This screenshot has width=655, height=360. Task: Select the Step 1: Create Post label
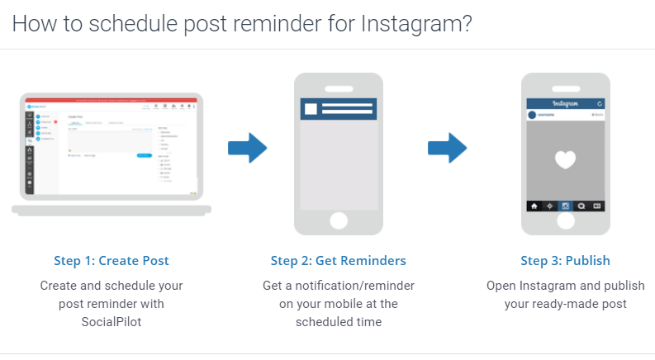pos(112,261)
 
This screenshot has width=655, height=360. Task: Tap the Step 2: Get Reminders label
pos(338,261)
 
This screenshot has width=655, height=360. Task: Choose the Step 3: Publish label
pos(565,261)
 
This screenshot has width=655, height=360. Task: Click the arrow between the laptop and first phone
pos(247,149)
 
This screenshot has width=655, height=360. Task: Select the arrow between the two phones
pos(447,149)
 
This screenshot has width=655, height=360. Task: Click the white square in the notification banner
pos(311,109)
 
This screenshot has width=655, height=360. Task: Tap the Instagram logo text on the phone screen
pos(565,104)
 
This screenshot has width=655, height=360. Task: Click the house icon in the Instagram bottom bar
pos(534,206)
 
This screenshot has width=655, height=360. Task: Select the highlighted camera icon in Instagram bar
pos(566,206)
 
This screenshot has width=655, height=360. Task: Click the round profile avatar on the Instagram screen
pos(533,116)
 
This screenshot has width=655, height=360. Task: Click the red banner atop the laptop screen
pos(112,100)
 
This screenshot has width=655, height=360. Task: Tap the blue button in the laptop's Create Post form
pos(144,154)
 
